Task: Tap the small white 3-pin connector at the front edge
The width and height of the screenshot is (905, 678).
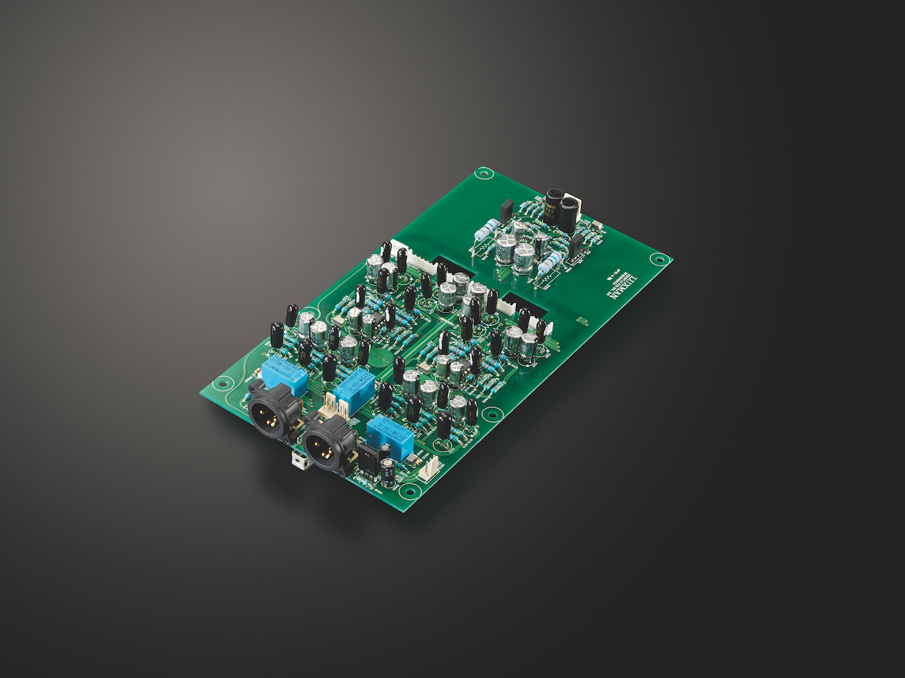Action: coord(427,468)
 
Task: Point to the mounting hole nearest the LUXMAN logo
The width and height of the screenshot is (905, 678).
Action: coord(657,260)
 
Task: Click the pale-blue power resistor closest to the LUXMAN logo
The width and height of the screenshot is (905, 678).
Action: coord(550,267)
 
